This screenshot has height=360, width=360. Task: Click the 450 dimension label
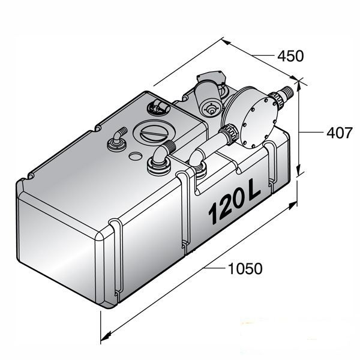click(x=290, y=56)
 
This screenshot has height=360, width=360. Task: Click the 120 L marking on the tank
click(x=234, y=208)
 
